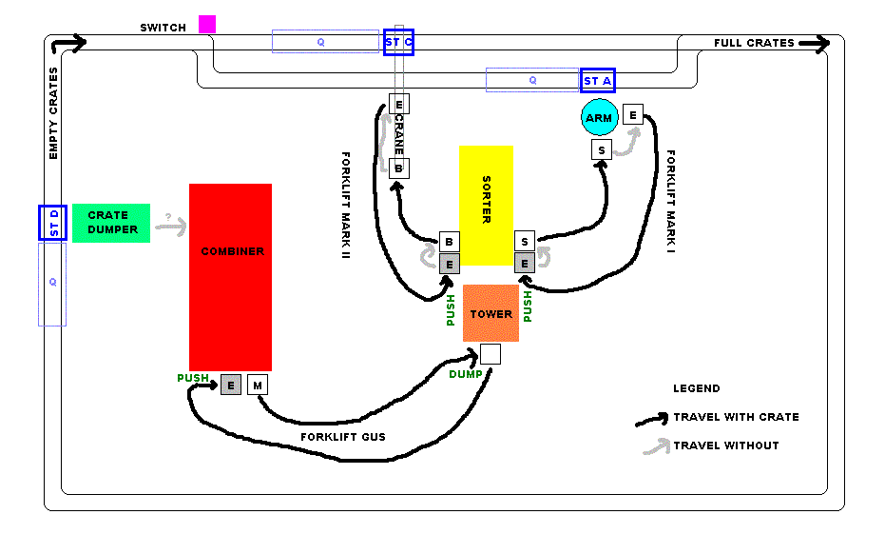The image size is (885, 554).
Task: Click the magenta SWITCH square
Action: click(207, 25)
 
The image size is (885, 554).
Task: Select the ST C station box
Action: click(399, 43)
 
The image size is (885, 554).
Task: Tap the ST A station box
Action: click(598, 81)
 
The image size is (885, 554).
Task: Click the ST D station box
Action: click(52, 223)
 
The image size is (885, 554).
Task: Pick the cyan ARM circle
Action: click(599, 118)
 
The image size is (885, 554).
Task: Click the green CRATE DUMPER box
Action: click(111, 223)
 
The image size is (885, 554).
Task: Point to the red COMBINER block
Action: click(231, 277)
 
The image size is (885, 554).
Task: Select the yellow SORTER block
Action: click(486, 206)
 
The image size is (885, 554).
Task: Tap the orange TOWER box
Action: click(491, 313)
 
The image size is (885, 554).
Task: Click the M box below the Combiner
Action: click(258, 385)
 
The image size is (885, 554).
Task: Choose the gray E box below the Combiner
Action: click(230, 385)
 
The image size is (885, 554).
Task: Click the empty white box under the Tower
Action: click(490, 354)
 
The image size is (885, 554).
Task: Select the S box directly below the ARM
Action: click(601, 149)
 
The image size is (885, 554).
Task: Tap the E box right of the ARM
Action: click(633, 115)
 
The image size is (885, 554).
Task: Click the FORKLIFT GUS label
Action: click(342, 438)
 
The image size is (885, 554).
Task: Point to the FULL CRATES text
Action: click(754, 43)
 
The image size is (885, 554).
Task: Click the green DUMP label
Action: click(464, 374)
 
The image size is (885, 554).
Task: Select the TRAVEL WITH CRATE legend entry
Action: click(736, 417)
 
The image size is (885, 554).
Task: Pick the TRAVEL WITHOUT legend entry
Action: click(725, 445)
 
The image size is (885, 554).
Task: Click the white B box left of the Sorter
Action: click(450, 242)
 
